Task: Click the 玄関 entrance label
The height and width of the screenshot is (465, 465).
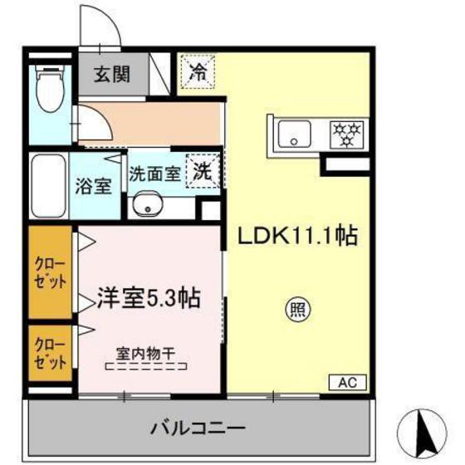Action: click(x=110, y=74)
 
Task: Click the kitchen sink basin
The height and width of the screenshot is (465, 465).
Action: click(x=294, y=132)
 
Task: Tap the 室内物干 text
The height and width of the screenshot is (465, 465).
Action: click(x=146, y=352)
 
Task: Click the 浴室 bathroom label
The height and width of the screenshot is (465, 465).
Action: click(x=95, y=184)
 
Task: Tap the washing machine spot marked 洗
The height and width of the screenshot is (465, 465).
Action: click(x=203, y=170)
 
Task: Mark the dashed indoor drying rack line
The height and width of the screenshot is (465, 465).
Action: click(x=146, y=366)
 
